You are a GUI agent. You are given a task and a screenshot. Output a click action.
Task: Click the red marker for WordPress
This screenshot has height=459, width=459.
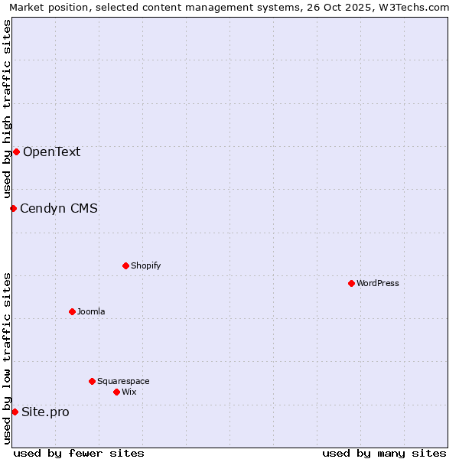pyautogui.click(x=351, y=283)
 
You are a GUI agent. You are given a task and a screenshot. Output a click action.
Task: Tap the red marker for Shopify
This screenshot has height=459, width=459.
pyautogui.click(x=125, y=265)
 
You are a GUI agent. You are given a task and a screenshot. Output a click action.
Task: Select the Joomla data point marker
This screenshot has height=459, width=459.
pyautogui.click(x=72, y=311)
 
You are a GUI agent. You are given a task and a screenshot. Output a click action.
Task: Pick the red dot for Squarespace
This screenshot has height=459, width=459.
pyautogui.click(x=92, y=381)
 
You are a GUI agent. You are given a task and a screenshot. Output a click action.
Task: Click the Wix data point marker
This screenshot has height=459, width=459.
pyautogui.click(x=116, y=392)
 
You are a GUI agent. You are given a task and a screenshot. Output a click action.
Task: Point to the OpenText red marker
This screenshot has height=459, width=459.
pyautogui.click(x=16, y=151)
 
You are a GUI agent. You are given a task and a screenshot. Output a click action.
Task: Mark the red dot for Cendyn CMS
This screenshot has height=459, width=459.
pyautogui.click(x=13, y=208)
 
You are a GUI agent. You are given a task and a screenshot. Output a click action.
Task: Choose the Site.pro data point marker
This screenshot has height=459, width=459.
pyautogui.click(x=15, y=412)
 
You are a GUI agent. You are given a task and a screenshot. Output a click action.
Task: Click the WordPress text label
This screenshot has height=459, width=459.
pyautogui.click(x=378, y=283)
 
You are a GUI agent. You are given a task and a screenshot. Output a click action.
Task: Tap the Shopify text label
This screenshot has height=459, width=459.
pyautogui.click(x=145, y=265)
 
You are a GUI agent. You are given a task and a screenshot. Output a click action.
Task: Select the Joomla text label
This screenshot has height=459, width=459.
pyautogui.click(x=91, y=311)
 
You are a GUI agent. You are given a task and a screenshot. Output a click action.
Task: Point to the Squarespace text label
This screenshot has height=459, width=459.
pyautogui.click(x=123, y=381)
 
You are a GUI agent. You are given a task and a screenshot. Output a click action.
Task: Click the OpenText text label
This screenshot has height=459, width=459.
pyautogui.click(x=51, y=151)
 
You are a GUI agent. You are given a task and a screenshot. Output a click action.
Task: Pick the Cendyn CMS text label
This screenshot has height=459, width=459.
pyautogui.click(x=59, y=208)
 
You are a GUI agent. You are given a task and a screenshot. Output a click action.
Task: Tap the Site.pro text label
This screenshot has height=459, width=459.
pyautogui.click(x=45, y=412)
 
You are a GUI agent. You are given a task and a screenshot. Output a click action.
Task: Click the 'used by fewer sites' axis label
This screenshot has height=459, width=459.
pyautogui.click(x=79, y=453)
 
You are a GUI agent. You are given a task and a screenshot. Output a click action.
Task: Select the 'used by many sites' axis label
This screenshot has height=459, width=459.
pyautogui.click(x=384, y=453)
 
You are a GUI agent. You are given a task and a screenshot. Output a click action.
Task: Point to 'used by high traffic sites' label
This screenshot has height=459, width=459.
pyautogui.click(x=7, y=109)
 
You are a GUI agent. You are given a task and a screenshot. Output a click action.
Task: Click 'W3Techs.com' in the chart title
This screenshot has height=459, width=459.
pyautogui.click(x=415, y=7)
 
